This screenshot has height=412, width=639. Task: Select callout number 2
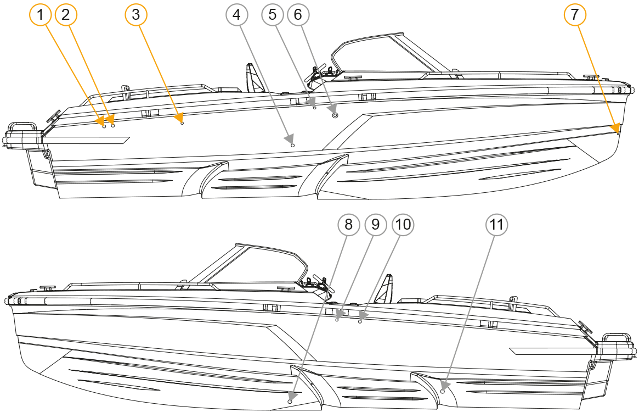point(66,15)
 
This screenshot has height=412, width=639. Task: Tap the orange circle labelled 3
point(136,15)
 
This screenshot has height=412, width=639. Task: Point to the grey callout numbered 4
point(236,15)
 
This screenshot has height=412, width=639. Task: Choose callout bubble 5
point(273,15)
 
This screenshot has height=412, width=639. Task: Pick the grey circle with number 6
point(298,15)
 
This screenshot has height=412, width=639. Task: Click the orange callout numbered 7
point(574,15)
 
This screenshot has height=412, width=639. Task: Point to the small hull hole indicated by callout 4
point(293,145)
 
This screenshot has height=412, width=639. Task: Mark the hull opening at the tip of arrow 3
point(182,124)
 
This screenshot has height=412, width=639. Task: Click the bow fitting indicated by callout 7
point(618,132)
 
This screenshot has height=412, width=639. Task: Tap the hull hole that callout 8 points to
point(290,402)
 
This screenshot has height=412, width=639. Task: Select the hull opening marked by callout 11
point(443,392)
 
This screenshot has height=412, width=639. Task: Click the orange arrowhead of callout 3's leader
point(178,118)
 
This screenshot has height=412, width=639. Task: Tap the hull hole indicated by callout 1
point(104,126)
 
